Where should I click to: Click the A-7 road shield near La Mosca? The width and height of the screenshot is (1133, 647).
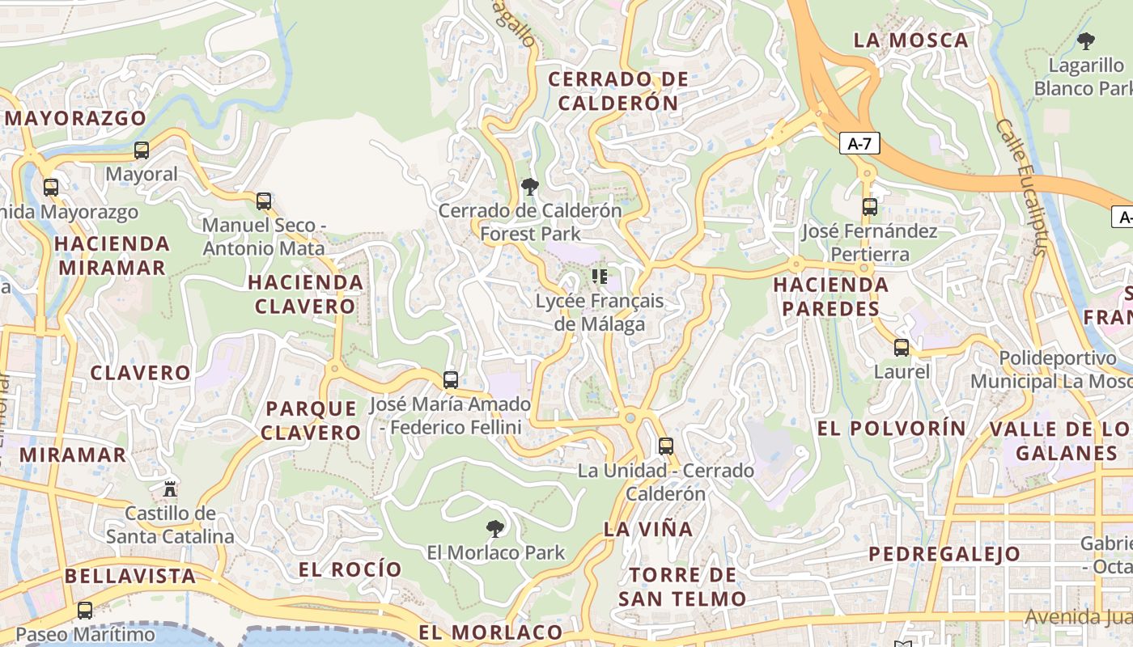tap(859, 144)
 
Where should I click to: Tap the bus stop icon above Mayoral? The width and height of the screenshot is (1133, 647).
tap(142, 150)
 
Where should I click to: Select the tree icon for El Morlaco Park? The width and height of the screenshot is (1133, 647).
tap(495, 530)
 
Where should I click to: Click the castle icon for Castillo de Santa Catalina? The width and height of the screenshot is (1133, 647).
tap(170, 489)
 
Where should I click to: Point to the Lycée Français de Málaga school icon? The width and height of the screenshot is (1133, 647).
tap(599, 277)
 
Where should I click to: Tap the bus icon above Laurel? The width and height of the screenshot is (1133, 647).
tap(902, 349)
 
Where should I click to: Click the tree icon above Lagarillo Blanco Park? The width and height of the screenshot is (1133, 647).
tap(1086, 41)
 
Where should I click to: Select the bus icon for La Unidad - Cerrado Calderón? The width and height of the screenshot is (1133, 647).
tap(665, 446)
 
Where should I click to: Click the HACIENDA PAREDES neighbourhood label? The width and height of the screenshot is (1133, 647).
tap(830, 297)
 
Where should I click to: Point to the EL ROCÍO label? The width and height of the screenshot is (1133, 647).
tap(350, 569)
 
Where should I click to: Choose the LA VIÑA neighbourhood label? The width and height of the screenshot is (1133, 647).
tap(648, 530)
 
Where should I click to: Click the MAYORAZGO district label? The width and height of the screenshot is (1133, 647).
tap(76, 118)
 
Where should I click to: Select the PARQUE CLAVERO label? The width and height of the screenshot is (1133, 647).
tap(311, 421)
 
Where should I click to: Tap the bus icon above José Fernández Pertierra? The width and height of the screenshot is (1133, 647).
tap(870, 207)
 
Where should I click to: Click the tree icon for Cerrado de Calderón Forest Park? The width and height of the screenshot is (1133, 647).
tap(530, 188)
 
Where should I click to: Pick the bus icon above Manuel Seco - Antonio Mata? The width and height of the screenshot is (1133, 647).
tap(264, 201)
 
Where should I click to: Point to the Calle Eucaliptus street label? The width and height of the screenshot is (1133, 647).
tap(1021, 187)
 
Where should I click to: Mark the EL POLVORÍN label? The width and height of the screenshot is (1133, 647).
tap(892, 429)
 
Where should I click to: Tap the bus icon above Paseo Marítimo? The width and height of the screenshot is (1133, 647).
tap(85, 611)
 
